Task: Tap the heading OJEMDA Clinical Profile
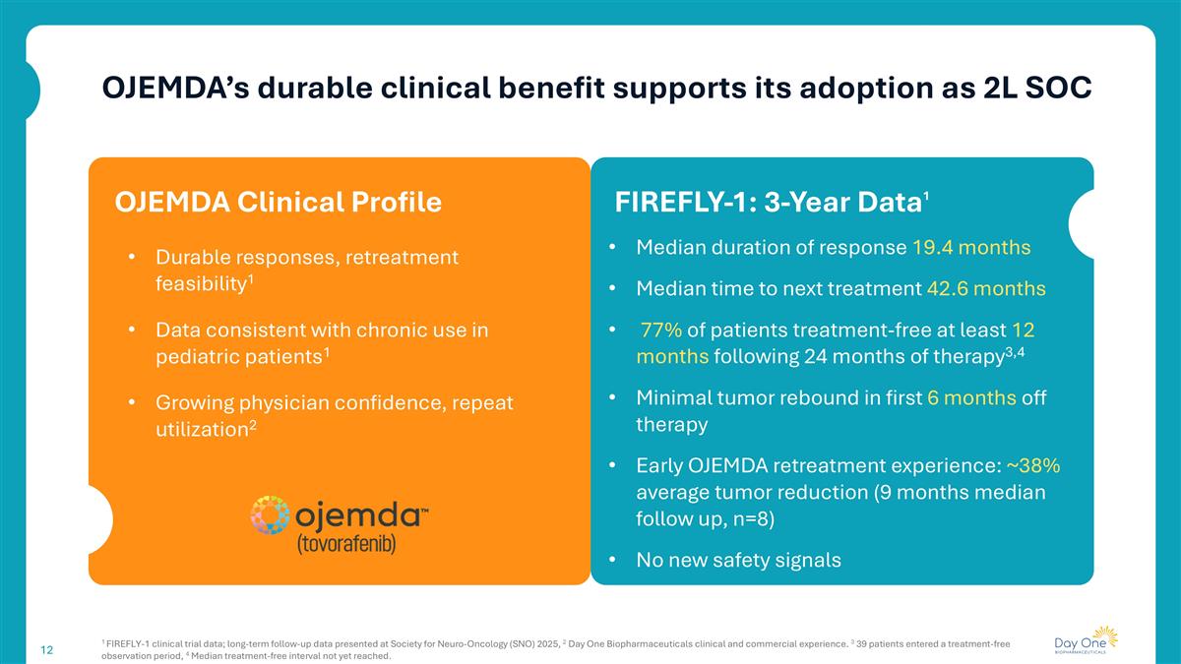point(278,202)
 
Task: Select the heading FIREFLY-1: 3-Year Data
point(768,202)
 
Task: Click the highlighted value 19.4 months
point(969,247)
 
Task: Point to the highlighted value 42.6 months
point(986,289)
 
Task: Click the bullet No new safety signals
point(738,560)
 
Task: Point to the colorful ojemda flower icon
point(270,514)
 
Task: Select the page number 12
point(46,650)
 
